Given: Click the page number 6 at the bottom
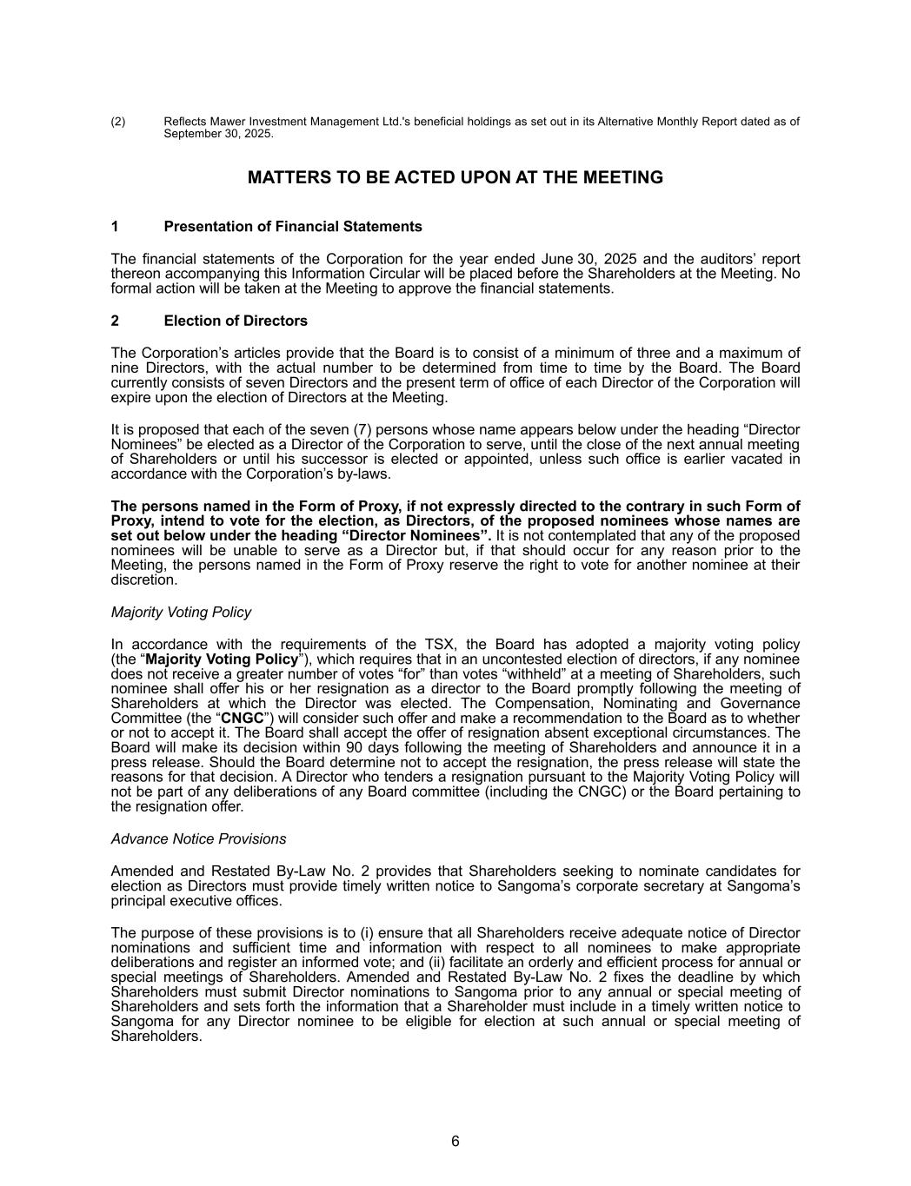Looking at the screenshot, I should [455, 1142].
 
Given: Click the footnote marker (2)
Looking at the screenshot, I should [118, 122].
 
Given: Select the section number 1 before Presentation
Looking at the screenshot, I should [115, 227].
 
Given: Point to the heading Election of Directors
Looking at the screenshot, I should [235, 321].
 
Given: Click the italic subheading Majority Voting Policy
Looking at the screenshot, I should [181, 613].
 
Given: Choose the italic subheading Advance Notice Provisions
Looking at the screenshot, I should [198, 839].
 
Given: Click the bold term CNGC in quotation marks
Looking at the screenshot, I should [243, 719].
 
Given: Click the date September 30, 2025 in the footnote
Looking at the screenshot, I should [217, 135].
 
